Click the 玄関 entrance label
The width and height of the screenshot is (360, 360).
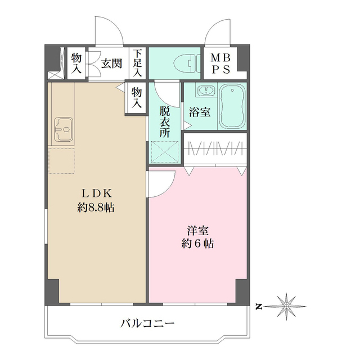(x=111, y=63)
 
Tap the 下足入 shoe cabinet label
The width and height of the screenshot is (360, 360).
(x=137, y=63)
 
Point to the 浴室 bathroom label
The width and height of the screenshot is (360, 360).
(x=200, y=111)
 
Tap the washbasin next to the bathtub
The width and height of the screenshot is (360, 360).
(x=204, y=91)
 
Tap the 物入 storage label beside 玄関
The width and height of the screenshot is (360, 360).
(x=76, y=63)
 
